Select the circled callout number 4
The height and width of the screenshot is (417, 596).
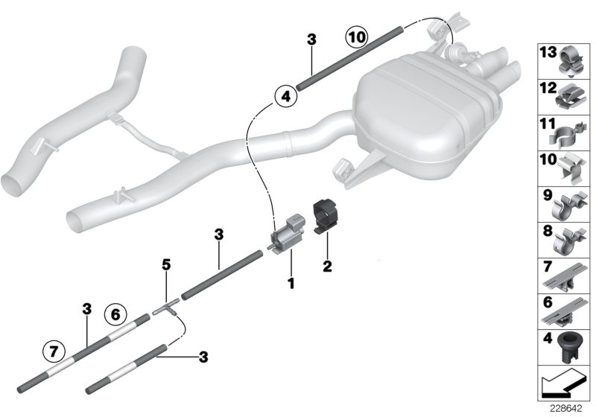284,96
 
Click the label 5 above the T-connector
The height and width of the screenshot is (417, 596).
167,264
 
